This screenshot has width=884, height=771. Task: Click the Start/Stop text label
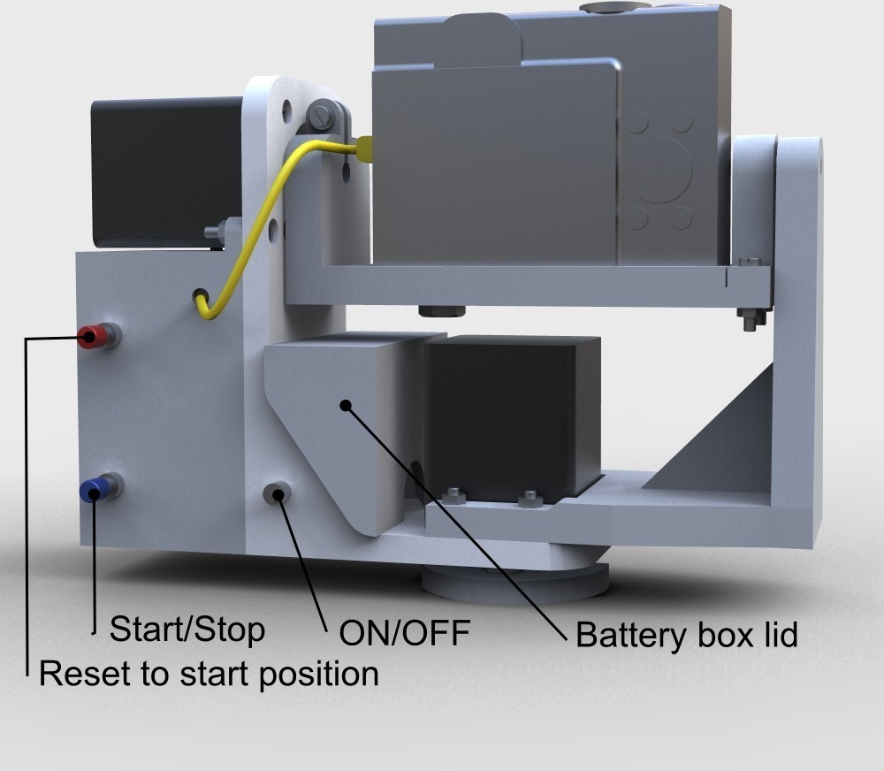coord(187,630)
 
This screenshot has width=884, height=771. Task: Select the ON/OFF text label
coord(404,633)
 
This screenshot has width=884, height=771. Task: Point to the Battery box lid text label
coord(687,636)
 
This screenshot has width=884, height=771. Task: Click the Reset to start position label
coord(209,674)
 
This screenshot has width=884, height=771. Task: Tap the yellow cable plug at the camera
coord(364,149)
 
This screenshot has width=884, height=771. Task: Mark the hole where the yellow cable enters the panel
coord(200,296)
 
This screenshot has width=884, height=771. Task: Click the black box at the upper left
coord(167,172)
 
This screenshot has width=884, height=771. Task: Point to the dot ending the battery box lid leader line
coord(347,405)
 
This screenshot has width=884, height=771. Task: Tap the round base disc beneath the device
coord(515,583)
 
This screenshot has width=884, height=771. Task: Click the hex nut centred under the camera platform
coord(442,310)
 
